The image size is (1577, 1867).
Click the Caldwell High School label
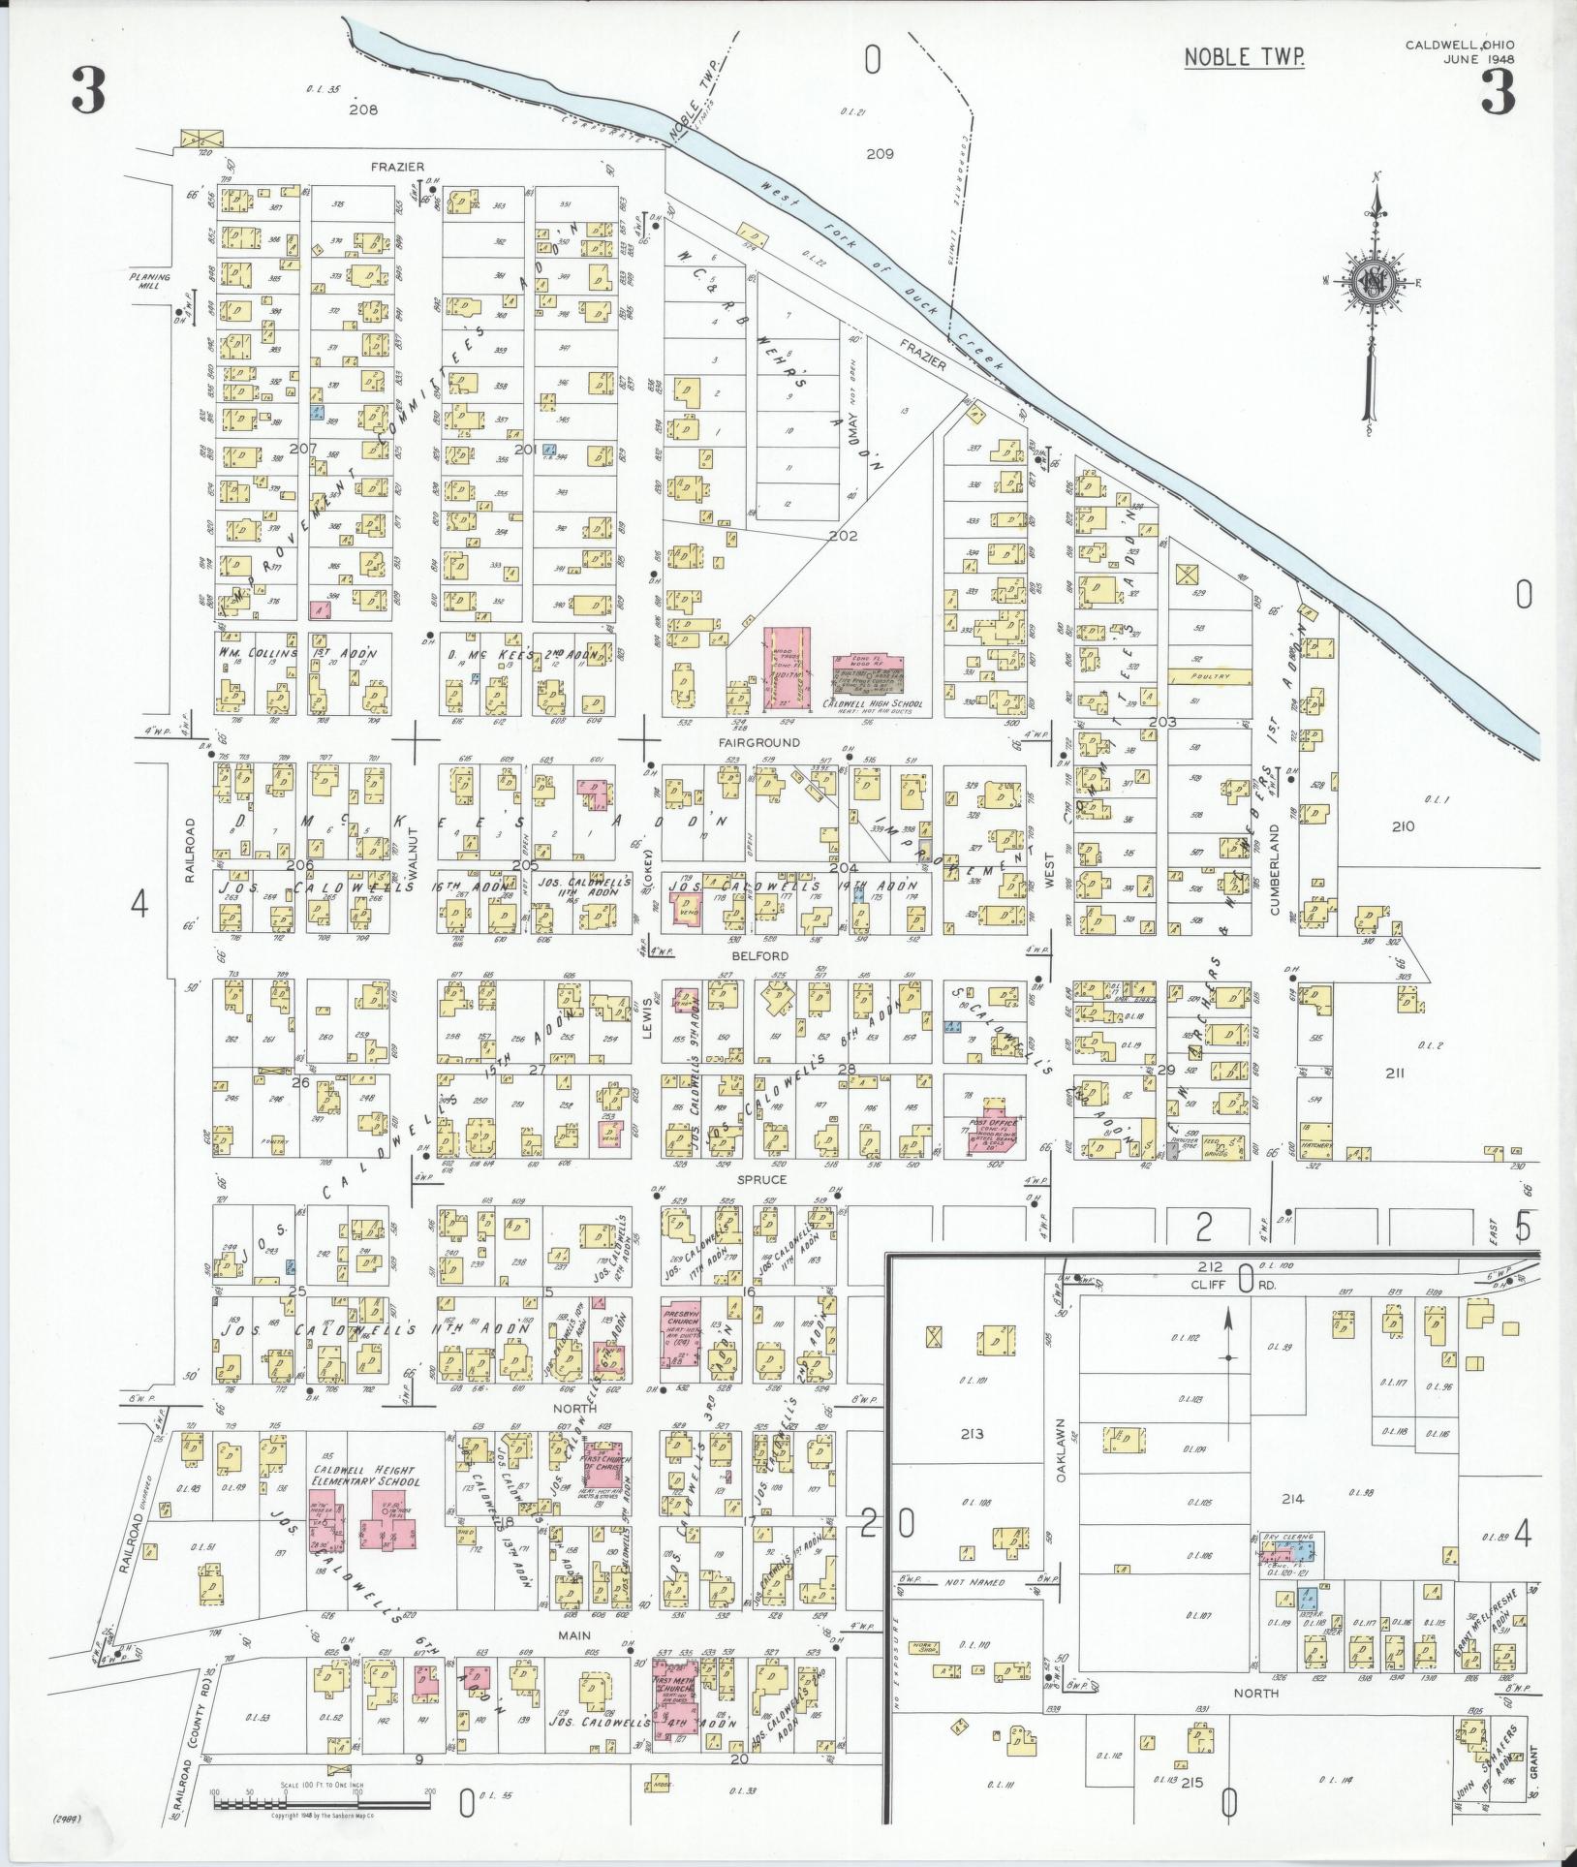[x=871, y=703]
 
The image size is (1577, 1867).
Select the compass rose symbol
[x=1374, y=283]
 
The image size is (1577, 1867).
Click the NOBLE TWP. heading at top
[x=1245, y=57]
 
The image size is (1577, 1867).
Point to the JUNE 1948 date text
[x=1478, y=59]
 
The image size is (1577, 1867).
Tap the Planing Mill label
[x=150, y=281]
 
